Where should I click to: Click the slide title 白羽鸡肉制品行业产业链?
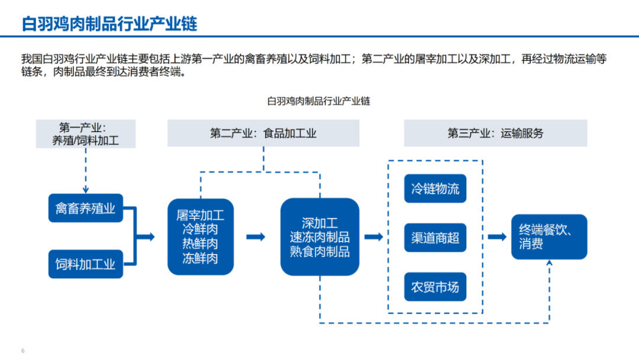[109, 24]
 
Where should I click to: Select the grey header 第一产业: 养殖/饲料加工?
[86, 134]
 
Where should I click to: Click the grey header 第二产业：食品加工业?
[263, 133]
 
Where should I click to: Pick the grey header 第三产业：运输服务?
[495, 133]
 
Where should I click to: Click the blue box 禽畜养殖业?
[86, 208]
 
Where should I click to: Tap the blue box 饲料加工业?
[86, 264]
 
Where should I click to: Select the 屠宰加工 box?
[201, 236]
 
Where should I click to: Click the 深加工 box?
[319, 237]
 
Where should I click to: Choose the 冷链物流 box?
[435, 189]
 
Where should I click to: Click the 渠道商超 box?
[435, 238]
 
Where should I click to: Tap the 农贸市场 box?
[435, 288]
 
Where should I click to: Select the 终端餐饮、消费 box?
[549, 237]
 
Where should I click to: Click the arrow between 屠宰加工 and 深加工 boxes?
[256, 237]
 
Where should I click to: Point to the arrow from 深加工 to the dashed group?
[373, 237]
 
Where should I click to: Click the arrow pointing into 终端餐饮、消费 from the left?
[497, 237]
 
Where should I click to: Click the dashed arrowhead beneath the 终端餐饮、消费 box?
[549, 265]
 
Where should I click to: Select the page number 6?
[23, 351]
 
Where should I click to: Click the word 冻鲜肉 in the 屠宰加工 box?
[201, 258]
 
